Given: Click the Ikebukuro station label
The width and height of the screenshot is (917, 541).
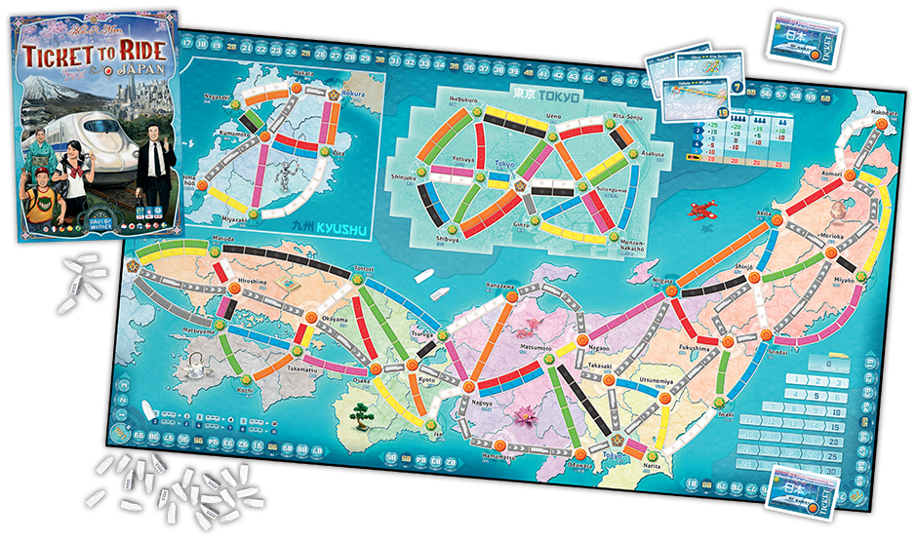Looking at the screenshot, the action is pos(440,100).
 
